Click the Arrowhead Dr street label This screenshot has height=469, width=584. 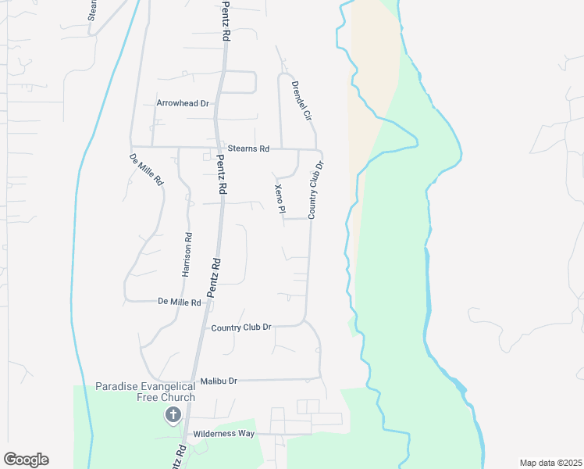183,103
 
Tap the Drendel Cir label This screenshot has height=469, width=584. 301,99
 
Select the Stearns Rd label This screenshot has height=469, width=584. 248,149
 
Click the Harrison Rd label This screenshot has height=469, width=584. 187,253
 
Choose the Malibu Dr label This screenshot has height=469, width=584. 219,381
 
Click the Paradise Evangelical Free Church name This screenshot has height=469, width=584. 145,392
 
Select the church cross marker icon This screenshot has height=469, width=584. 172,415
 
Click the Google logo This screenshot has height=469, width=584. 26,460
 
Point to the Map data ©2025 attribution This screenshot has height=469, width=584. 550,463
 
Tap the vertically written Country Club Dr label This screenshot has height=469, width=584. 315,190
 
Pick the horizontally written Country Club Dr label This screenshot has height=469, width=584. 241,328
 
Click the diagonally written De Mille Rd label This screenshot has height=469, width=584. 146,169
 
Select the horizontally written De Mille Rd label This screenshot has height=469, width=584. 180,301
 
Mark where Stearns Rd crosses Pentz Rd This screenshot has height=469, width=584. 217,148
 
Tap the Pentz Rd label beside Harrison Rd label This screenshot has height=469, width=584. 214,277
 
